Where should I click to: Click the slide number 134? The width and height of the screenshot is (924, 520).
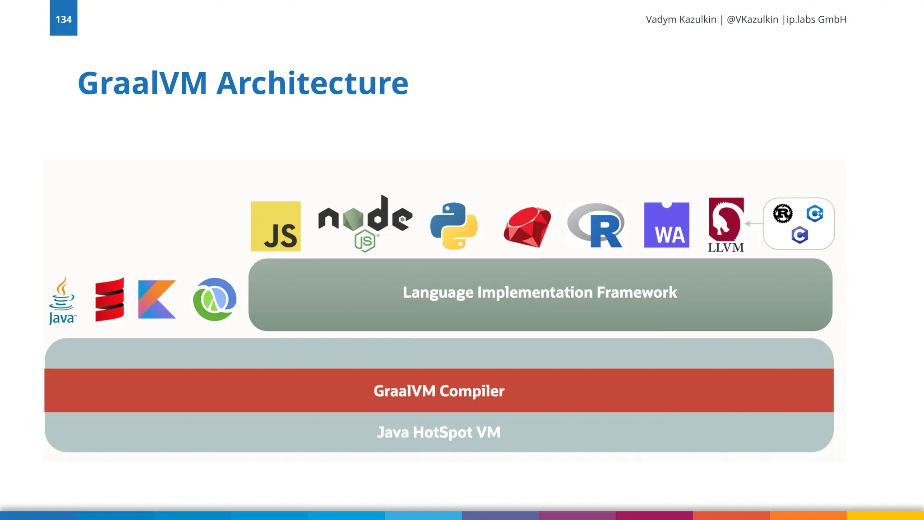(63, 19)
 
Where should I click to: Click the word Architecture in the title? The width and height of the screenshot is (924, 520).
(312, 84)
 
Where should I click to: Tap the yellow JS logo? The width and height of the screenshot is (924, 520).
(276, 226)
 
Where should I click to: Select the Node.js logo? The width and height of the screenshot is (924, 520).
(365, 222)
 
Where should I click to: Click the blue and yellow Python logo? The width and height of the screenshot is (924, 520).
(454, 226)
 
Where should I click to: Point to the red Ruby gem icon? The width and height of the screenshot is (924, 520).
(527, 227)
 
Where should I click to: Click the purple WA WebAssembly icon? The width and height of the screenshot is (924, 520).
(666, 225)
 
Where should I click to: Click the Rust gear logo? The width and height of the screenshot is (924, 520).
(783, 214)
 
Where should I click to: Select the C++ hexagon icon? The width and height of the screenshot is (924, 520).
(815, 213)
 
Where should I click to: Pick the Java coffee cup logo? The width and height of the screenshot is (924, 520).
(62, 300)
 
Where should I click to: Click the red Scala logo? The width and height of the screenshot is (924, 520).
(110, 299)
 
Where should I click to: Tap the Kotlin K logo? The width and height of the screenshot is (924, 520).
(157, 299)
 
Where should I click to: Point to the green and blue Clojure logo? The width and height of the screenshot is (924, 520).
(215, 299)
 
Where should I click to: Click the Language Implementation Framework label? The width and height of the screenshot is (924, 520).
(540, 292)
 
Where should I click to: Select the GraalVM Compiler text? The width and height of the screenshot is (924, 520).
(439, 391)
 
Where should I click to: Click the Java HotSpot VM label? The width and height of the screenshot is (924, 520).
(439, 432)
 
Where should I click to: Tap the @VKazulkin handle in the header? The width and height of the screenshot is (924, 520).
(752, 19)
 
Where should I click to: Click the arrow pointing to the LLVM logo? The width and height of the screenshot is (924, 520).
(753, 223)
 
